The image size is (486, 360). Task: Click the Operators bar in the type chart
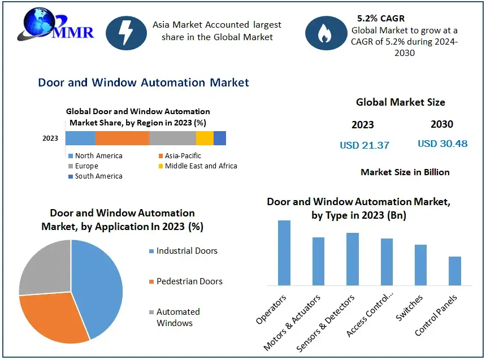(x=284, y=253)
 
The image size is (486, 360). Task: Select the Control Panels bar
(x=455, y=271)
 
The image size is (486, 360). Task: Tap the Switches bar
(x=420, y=264)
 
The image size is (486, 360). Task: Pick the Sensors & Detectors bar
(x=353, y=259)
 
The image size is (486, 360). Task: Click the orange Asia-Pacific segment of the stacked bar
(x=122, y=138)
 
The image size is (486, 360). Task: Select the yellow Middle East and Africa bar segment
(x=205, y=138)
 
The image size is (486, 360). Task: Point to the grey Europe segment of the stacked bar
(x=172, y=138)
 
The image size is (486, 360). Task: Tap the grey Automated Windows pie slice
(x=44, y=267)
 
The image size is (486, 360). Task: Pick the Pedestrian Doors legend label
(x=189, y=281)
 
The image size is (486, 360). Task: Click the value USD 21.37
(x=364, y=145)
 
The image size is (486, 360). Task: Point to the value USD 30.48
(x=442, y=144)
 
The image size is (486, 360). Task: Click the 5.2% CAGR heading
(x=381, y=19)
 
